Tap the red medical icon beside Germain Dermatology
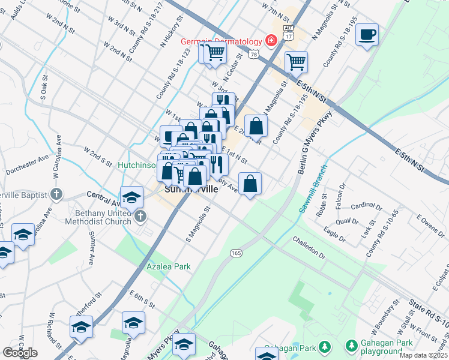coord(271,41)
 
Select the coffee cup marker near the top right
coord(367,34)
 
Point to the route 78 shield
coord(255,55)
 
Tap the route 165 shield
coord(236,254)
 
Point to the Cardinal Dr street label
coord(366,208)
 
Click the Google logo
coord(20,353)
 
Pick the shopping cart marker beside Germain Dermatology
coord(215,52)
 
